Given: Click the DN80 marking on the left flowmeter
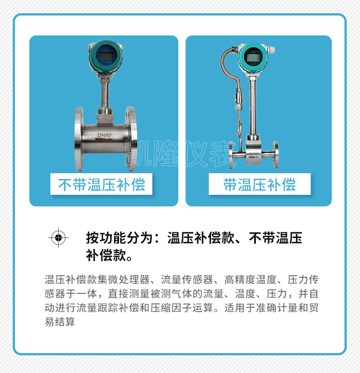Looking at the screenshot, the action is click(x=104, y=135).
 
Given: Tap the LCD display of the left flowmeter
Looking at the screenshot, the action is click(x=106, y=57).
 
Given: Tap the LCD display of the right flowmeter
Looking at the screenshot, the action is click(x=253, y=58).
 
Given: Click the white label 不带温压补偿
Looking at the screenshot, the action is click(x=101, y=184).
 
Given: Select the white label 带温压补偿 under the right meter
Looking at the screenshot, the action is click(x=260, y=184).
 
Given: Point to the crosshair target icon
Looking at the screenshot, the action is click(x=58, y=237).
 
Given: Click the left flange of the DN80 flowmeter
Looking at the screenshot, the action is click(x=79, y=139).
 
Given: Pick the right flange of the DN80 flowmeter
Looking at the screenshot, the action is click(x=131, y=139).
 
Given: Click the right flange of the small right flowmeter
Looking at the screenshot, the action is click(x=275, y=154).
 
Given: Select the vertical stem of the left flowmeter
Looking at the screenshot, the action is click(x=105, y=94).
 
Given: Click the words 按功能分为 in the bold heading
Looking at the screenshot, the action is click(x=119, y=237).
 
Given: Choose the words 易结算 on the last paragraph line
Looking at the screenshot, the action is click(x=60, y=322).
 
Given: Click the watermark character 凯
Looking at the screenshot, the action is click(x=138, y=153).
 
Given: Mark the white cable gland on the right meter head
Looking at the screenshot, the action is click(x=271, y=50).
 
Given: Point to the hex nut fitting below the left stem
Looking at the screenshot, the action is click(x=105, y=116).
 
